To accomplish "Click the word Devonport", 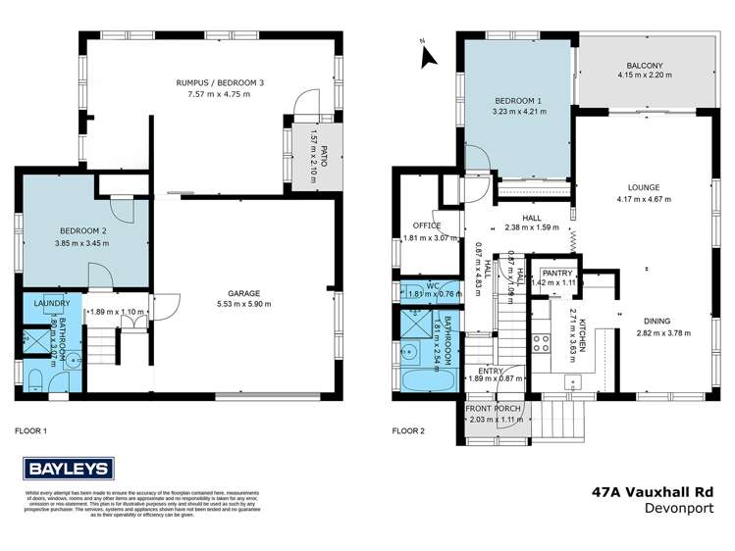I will (677, 511).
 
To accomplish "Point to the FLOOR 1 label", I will (30, 430).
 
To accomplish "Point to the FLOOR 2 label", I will (407, 430).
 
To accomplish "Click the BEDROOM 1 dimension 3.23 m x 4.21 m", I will (518, 111).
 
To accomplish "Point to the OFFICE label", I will (427, 225).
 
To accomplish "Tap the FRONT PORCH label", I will (496, 411).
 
